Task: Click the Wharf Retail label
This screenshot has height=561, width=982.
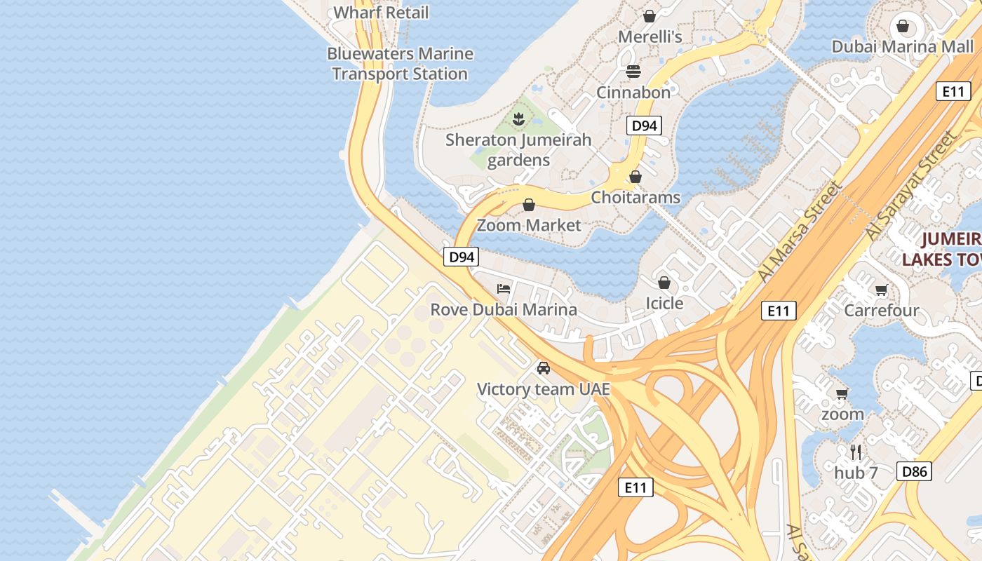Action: pyautogui.click(x=381, y=13)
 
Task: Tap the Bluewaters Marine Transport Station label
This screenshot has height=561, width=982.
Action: pyautogui.click(x=400, y=64)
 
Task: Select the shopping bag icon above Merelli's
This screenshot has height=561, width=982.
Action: pyautogui.click(x=650, y=15)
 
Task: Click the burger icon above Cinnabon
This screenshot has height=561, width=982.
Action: pyautogui.click(x=633, y=72)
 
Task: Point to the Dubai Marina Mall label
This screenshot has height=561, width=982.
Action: pyautogui.click(x=903, y=46)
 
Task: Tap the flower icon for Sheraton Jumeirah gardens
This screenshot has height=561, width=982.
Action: pyautogui.click(x=518, y=119)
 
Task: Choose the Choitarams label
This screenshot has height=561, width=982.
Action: pyautogui.click(x=635, y=197)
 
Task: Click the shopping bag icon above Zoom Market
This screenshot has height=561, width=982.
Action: pyautogui.click(x=529, y=205)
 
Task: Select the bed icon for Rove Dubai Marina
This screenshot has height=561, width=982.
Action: pyautogui.click(x=504, y=288)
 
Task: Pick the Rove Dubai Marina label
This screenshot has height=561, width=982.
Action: pyautogui.click(x=504, y=309)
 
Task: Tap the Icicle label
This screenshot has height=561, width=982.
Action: pyautogui.click(x=664, y=303)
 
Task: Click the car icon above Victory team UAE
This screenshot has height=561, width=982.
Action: pyautogui.click(x=543, y=368)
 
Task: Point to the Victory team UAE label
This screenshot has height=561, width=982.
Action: pyautogui.click(x=543, y=389)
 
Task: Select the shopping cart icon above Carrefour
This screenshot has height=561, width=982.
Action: pyautogui.click(x=882, y=290)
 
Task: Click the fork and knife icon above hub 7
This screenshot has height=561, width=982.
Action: pyautogui.click(x=856, y=452)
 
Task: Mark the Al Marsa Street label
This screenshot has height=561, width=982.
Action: pyautogui.click(x=800, y=231)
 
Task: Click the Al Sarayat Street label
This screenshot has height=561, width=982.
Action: pyautogui.click(x=911, y=186)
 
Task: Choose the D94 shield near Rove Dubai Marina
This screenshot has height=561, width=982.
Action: pyautogui.click(x=462, y=257)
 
